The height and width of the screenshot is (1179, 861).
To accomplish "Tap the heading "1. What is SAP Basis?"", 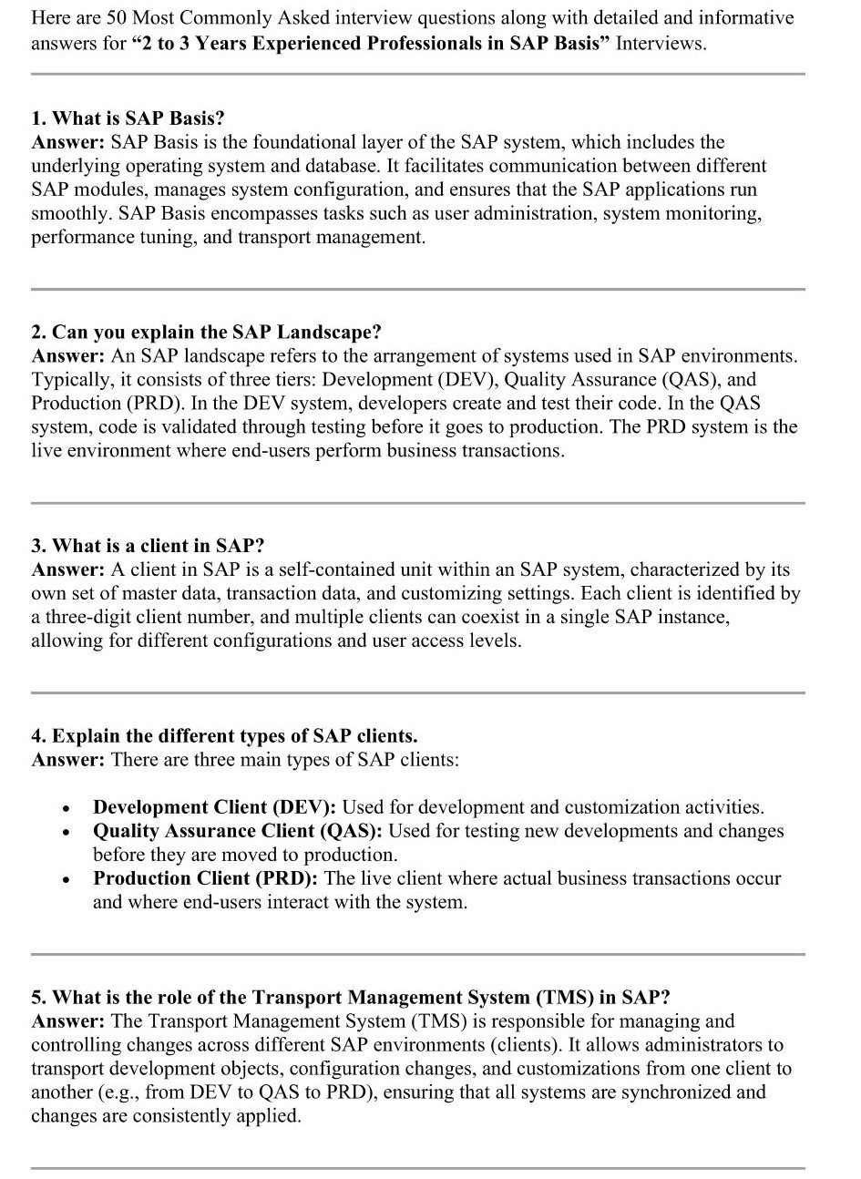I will pyautogui.click(x=128, y=118).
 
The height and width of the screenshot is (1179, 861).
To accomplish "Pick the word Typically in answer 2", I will pyautogui.click(x=69, y=380).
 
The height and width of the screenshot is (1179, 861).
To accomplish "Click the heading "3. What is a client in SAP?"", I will pyautogui.click(x=148, y=546).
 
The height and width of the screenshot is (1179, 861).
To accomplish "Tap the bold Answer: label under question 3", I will pyautogui.click(x=68, y=570).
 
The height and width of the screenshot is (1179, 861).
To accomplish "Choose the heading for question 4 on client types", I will pyautogui.click(x=224, y=736).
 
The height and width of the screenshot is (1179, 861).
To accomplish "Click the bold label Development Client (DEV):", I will pyautogui.click(x=215, y=807).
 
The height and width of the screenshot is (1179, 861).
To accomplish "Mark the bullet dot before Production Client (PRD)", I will pyautogui.click(x=66, y=880).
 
